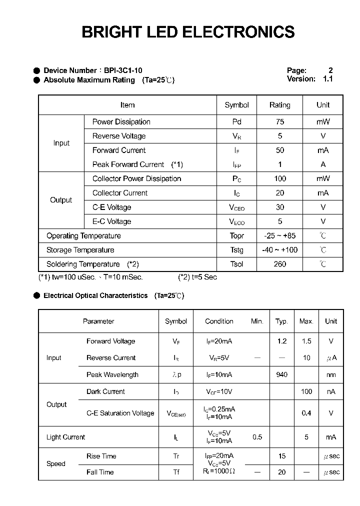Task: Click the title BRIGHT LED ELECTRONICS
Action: click(x=188, y=32)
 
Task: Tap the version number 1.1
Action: click(x=327, y=79)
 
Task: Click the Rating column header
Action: click(x=279, y=105)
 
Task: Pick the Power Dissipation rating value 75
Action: click(x=279, y=121)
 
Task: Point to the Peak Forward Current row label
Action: click(x=128, y=164)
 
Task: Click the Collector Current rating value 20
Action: click(x=279, y=193)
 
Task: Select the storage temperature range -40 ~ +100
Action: click(x=279, y=250)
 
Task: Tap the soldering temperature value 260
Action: click(x=279, y=264)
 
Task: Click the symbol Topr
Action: click(x=236, y=236)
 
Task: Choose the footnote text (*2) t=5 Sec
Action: click(x=197, y=277)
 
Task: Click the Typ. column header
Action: click(x=281, y=321)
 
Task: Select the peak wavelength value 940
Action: click(x=281, y=374)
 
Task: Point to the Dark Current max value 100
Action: click(x=306, y=391)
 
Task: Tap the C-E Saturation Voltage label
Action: click(x=120, y=413)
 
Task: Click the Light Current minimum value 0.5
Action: click(x=257, y=437)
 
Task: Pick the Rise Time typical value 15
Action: click(x=281, y=456)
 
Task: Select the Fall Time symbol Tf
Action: click(x=176, y=472)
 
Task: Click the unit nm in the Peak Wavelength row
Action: click(x=330, y=374)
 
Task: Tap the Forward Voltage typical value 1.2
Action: click(x=281, y=341)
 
